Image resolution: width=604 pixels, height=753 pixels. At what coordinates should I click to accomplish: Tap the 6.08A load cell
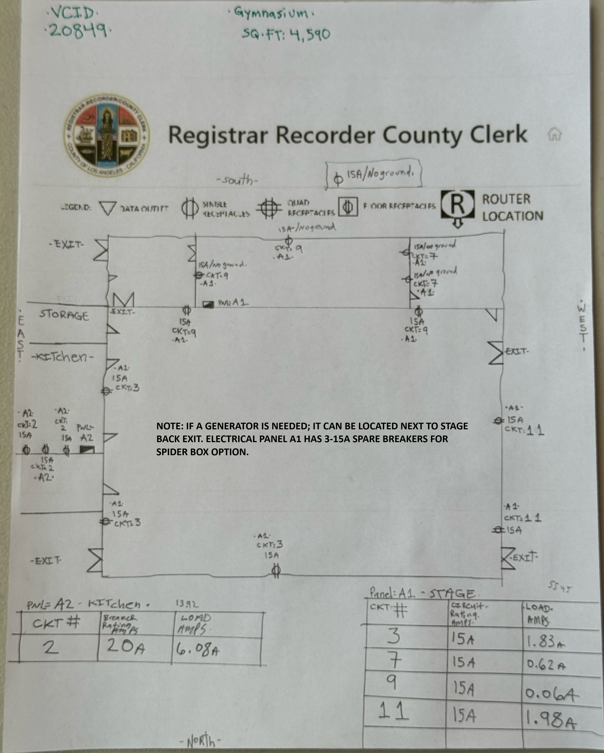[198, 649]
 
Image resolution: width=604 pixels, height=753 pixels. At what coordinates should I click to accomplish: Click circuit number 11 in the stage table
[393, 710]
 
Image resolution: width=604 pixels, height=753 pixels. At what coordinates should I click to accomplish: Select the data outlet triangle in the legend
[107, 208]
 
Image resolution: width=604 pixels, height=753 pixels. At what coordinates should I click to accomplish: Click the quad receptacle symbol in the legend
[269, 208]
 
